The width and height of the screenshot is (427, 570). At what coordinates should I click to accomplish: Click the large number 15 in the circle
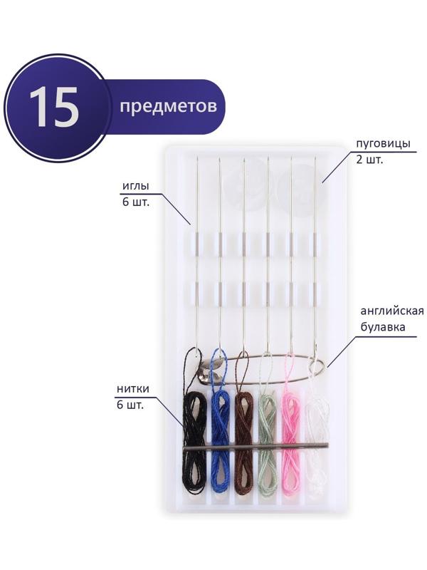(x=55, y=108)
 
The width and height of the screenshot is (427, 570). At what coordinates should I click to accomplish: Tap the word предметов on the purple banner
(x=169, y=106)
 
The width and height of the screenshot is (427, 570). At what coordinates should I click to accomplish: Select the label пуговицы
(x=383, y=144)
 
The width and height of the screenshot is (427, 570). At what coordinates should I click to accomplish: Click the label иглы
(x=136, y=187)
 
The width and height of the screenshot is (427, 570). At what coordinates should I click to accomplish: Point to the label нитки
(x=133, y=388)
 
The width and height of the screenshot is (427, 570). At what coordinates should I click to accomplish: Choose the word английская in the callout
(x=393, y=312)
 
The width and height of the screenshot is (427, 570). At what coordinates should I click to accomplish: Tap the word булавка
(x=383, y=327)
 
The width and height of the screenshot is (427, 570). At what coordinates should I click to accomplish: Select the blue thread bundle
(x=221, y=441)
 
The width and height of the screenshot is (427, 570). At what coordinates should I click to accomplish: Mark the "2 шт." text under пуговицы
(x=370, y=160)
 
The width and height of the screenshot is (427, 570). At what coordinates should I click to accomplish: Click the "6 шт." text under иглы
(x=136, y=202)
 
